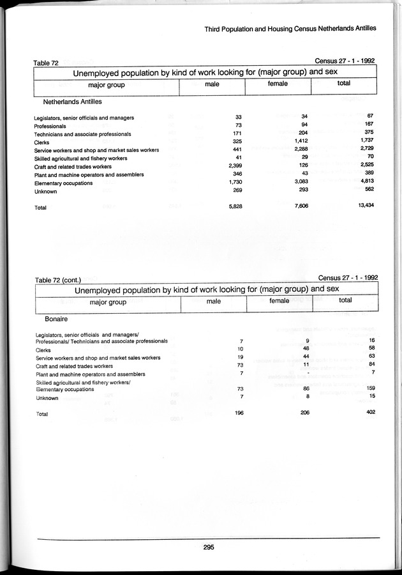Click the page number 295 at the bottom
(208, 546)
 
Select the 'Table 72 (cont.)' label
(57, 280)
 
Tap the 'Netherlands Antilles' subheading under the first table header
(73, 102)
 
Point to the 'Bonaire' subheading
(57, 317)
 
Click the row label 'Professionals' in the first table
(50, 126)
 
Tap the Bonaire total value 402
(369, 413)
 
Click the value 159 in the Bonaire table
(369, 388)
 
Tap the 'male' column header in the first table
(212, 84)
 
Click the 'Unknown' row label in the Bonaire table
(47, 398)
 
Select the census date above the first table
(344, 61)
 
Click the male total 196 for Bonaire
(238, 413)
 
